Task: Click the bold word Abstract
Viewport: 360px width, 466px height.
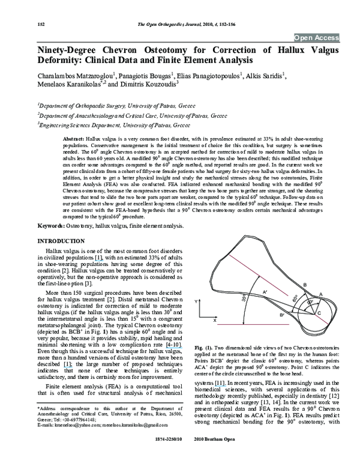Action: (73, 139)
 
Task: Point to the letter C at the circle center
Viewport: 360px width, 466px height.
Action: (318, 315)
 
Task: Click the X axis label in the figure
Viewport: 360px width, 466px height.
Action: (215, 322)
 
